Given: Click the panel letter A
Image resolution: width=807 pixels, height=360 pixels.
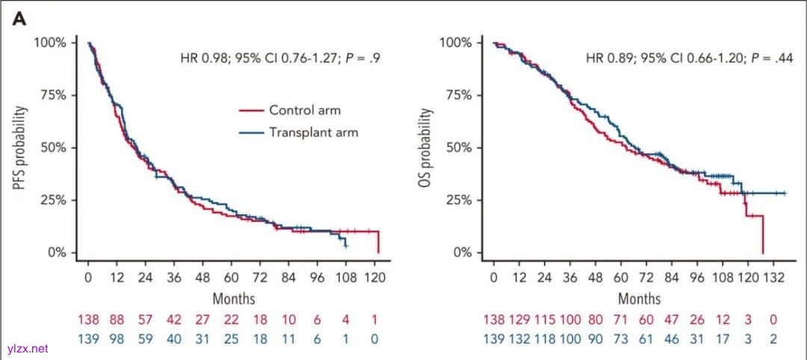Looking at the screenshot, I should [19, 19].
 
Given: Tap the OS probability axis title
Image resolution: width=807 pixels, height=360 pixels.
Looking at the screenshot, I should [425, 147].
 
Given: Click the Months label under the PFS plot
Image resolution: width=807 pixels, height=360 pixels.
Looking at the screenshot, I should [233, 299].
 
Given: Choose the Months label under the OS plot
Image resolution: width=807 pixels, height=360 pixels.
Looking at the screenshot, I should [638, 299].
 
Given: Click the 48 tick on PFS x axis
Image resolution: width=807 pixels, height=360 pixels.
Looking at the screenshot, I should [202, 276].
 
